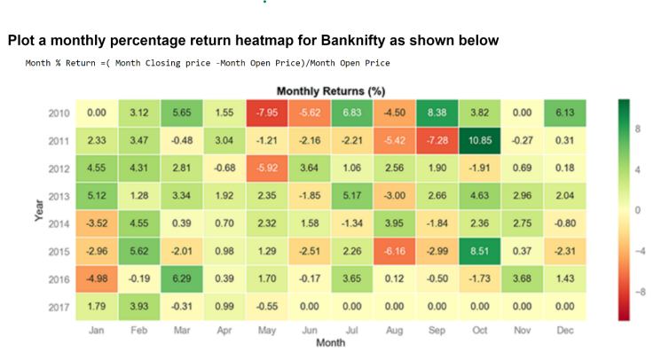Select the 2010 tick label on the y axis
click(60, 113)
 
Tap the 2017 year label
click(60, 305)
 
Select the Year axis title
click(39, 209)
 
